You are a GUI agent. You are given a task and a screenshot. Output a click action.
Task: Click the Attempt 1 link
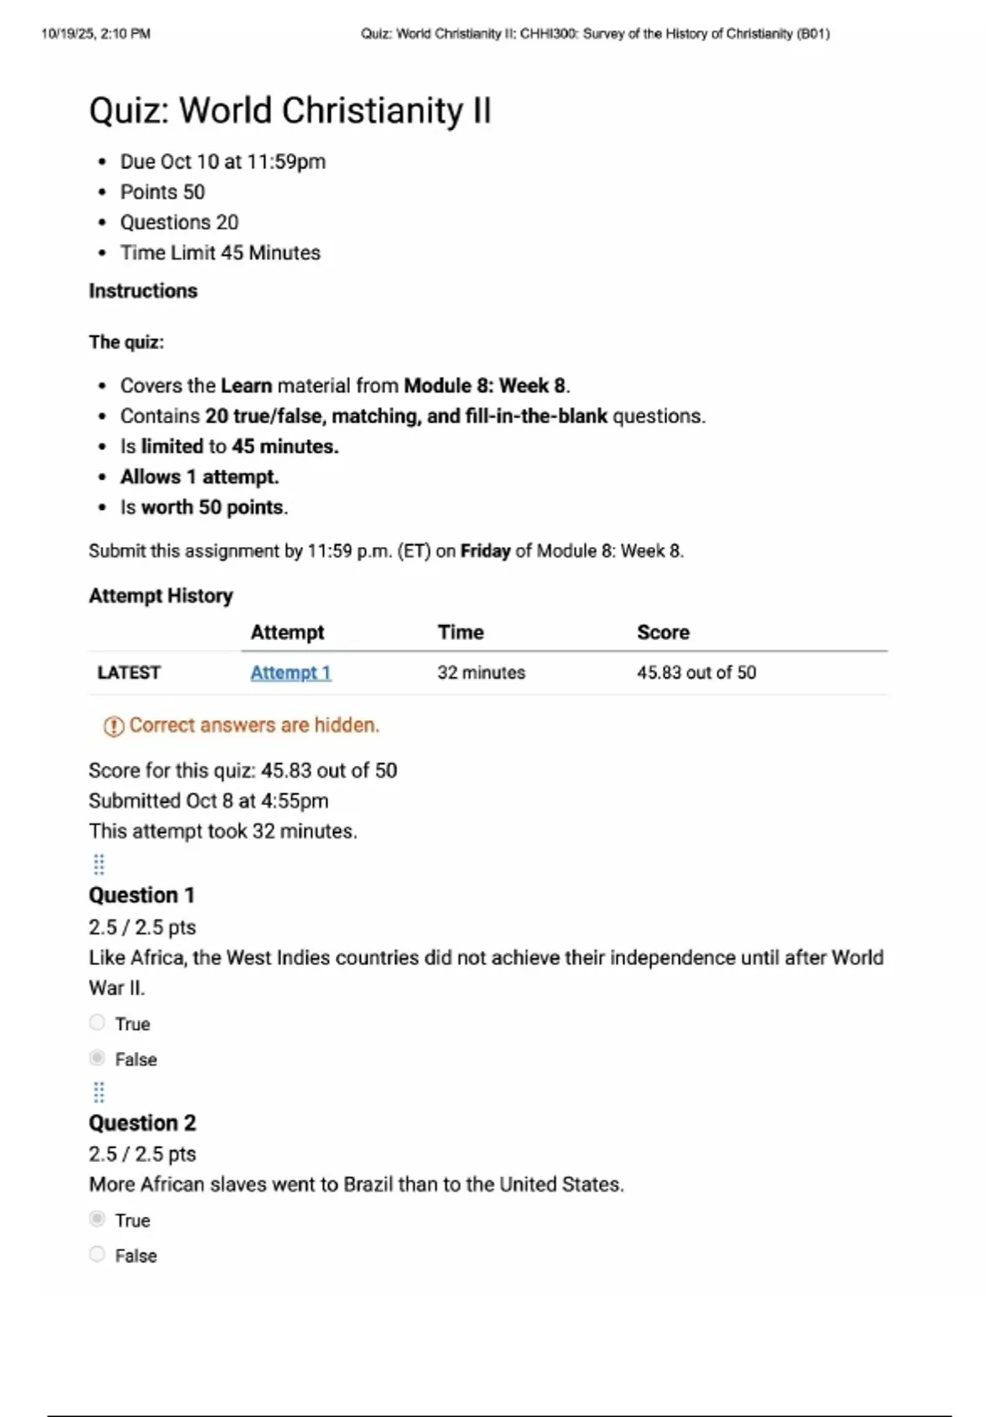pos(291,673)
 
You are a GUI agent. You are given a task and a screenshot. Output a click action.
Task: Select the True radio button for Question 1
pos(97,1023)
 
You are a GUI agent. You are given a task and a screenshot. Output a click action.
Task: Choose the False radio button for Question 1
pos(97,1058)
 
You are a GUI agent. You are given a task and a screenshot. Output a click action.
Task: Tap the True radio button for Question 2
pos(97,1219)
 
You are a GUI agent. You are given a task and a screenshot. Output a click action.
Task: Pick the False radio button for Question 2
pos(97,1254)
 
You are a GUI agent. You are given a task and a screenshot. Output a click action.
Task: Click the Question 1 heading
pos(142,895)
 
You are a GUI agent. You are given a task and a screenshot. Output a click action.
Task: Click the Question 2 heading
pos(142,1123)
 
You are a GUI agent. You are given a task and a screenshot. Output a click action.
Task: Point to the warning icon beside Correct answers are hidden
pos(113,726)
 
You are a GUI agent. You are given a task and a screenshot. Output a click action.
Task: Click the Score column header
pos(663,633)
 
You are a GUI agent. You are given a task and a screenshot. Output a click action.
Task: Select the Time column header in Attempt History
pos(461,633)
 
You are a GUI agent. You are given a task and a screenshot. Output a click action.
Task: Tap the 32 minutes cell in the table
pos(482,673)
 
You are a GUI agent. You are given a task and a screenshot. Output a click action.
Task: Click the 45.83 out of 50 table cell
pos(697,673)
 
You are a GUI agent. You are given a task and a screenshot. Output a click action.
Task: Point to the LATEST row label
pos(129,673)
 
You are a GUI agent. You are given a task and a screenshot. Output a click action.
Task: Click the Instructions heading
pos(143,291)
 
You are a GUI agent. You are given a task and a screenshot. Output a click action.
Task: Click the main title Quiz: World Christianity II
pos(290,111)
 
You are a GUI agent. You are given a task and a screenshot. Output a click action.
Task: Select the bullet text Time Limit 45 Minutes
pos(220,253)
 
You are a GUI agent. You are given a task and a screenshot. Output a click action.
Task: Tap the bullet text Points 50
pos(162,192)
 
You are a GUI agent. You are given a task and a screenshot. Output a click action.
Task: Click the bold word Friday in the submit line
pos(485,551)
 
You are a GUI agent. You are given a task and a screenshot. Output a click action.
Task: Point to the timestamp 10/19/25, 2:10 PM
pos(96,34)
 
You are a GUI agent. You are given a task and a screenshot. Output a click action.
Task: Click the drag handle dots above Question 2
pos(98,1092)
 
